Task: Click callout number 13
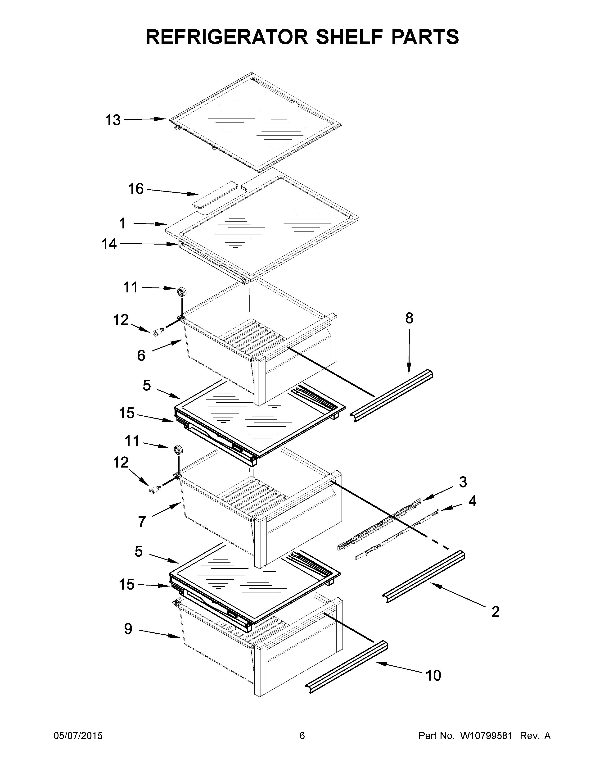[x=113, y=120]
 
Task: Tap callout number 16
[x=136, y=189]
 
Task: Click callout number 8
[x=409, y=318]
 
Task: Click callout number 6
[x=141, y=355]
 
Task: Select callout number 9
[x=128, y=629]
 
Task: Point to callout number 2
[x=495, y=612]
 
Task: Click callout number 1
[x=122, y=223]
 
